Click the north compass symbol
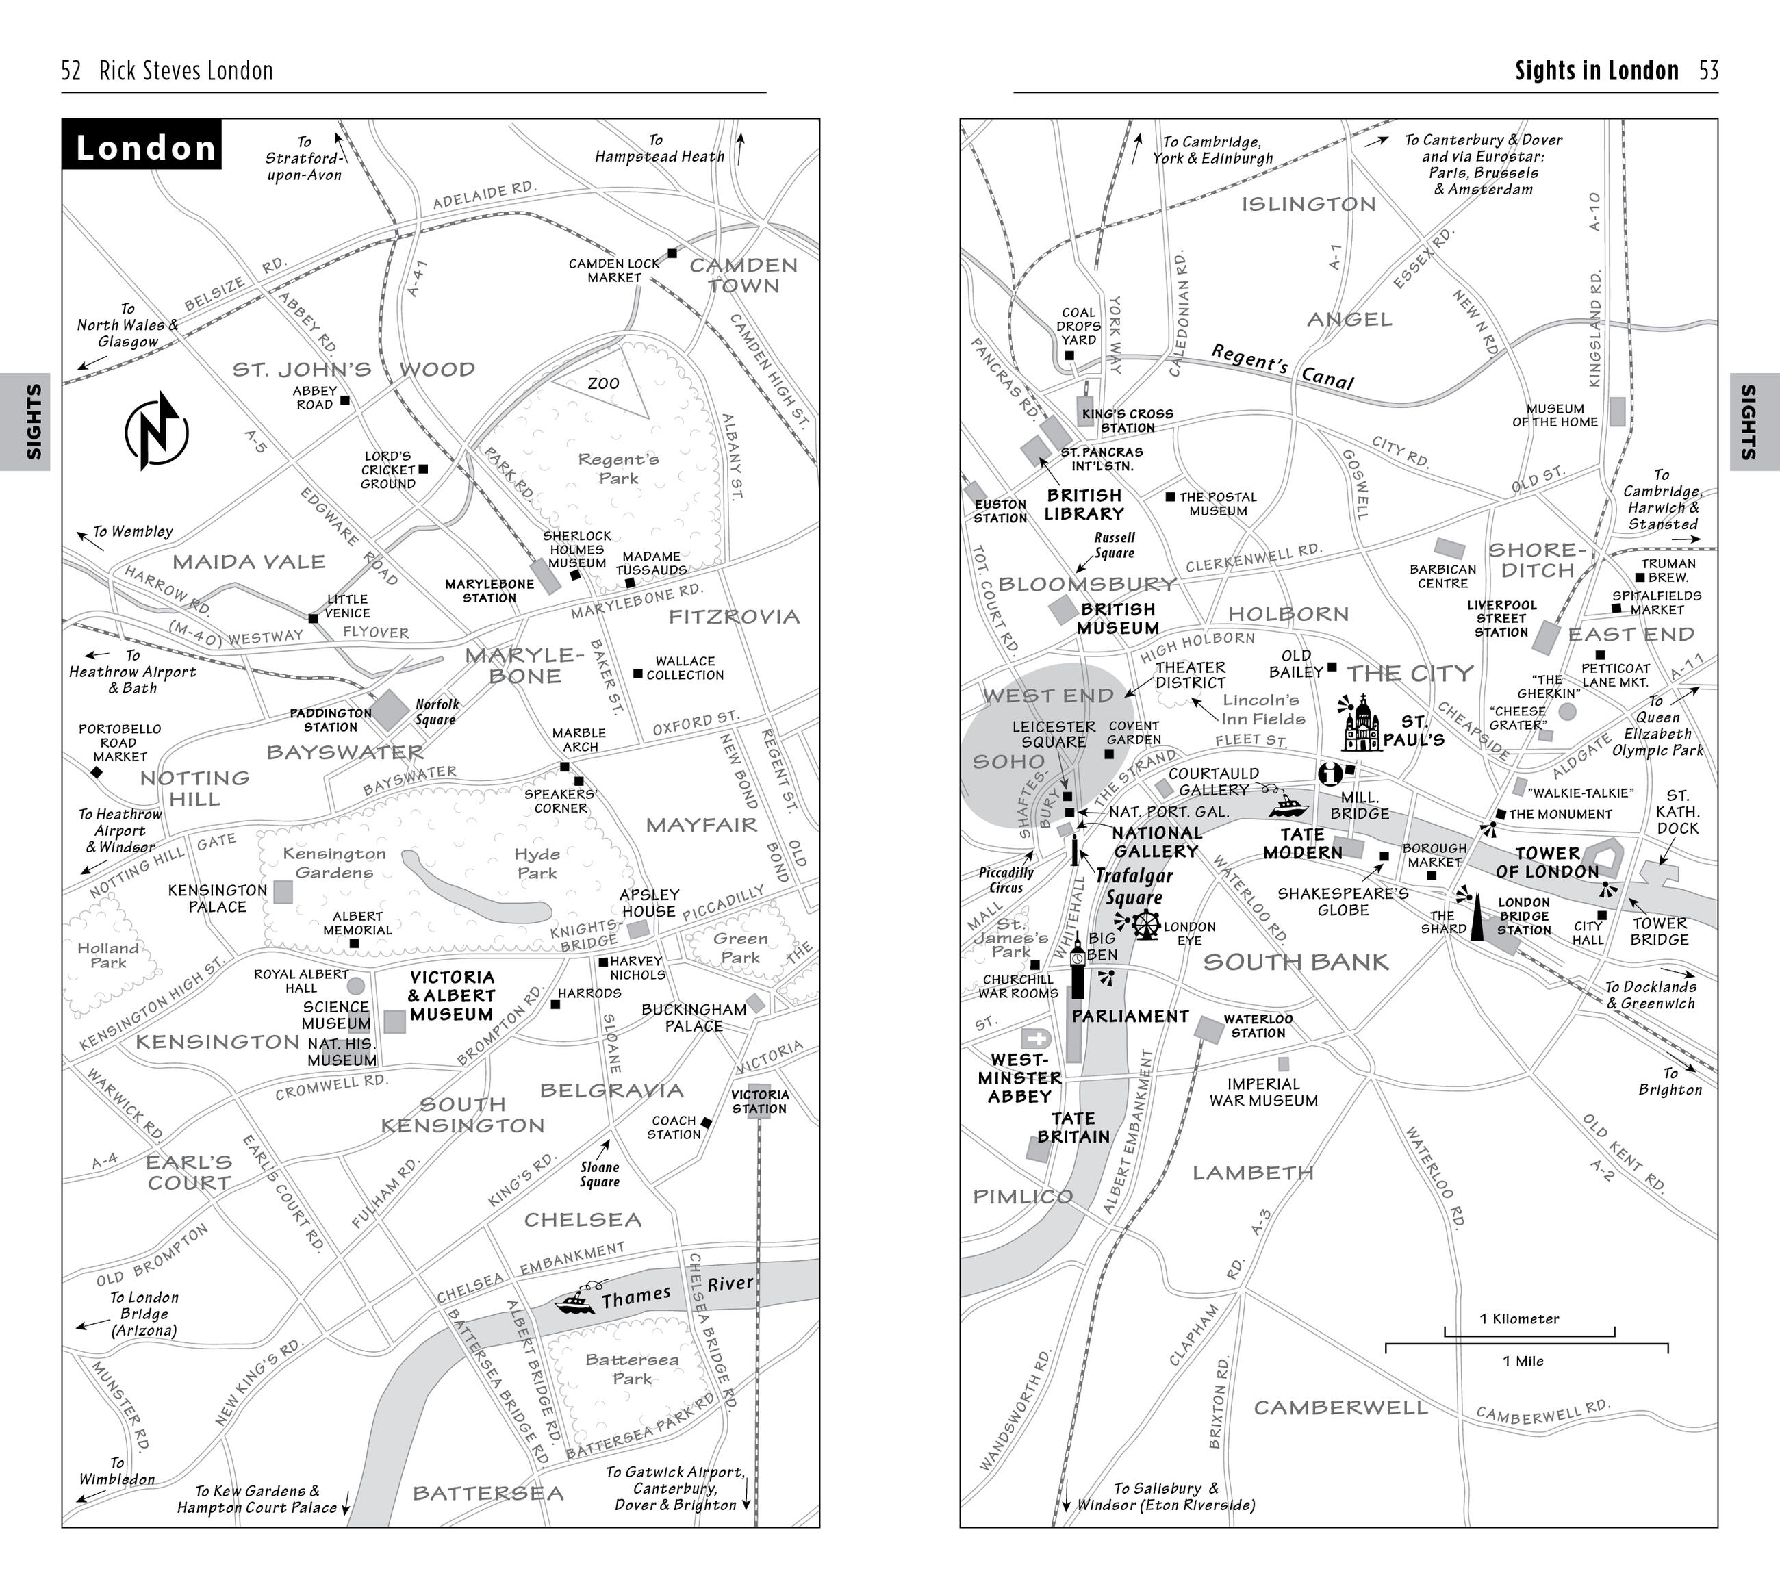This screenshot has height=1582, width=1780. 157,431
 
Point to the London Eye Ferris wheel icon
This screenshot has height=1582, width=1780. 1146,925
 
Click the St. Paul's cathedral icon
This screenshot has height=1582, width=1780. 1361,724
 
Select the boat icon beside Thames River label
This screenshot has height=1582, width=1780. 576,1301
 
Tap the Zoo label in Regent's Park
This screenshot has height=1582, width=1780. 602,384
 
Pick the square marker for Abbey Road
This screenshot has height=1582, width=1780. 345,400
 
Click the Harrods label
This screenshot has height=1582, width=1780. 589,993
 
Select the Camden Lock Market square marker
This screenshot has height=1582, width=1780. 672,253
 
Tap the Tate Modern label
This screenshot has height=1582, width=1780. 1303,843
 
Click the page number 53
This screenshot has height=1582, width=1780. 1709,71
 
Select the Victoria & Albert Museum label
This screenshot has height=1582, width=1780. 452,996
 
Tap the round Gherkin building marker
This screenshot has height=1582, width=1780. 1568,711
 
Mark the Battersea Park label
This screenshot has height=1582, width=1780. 631,1368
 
